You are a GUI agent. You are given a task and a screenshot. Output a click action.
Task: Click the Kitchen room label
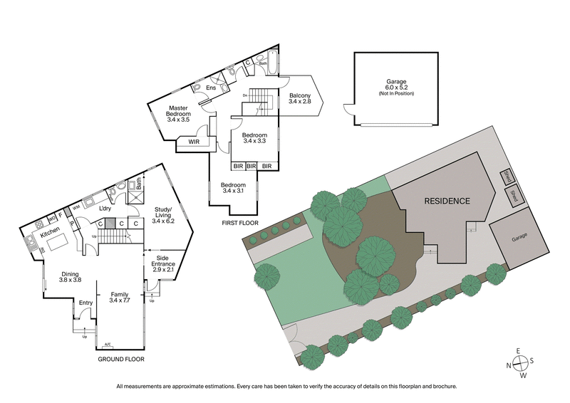49,233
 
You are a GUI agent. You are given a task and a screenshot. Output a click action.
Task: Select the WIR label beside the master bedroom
194,142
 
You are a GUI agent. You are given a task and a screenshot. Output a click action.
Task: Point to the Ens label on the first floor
211,88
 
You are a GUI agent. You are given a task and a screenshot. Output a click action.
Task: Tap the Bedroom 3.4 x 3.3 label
254,138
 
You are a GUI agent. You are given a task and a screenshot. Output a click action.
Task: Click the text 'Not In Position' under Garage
396,94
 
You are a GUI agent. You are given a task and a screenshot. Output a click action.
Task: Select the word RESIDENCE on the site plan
447,201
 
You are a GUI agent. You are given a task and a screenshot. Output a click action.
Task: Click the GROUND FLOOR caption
121,360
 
